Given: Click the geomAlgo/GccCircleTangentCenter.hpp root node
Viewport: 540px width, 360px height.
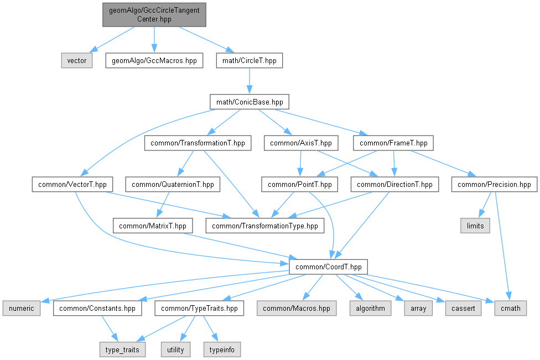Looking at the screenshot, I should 154,14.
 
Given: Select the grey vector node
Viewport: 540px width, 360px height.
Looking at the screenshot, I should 77,60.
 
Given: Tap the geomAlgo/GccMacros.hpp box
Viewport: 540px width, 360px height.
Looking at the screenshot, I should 154,60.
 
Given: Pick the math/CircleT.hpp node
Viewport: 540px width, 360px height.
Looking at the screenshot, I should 249,60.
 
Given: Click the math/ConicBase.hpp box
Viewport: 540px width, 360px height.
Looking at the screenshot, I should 249,102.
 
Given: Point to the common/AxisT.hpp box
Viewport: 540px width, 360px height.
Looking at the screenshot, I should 301,143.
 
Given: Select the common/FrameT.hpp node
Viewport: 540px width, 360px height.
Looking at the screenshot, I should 393,143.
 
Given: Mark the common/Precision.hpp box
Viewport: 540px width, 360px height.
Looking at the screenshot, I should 494,184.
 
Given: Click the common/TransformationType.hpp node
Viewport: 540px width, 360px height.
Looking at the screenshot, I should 265,226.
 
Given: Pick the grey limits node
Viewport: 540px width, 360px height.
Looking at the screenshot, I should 475,226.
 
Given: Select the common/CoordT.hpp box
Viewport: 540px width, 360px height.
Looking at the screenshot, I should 329,267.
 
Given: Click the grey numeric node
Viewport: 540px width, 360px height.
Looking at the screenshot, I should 22,308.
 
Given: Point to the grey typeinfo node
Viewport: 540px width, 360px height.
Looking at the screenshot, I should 221,349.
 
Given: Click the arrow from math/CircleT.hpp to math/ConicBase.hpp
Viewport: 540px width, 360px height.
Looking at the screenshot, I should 249,81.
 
